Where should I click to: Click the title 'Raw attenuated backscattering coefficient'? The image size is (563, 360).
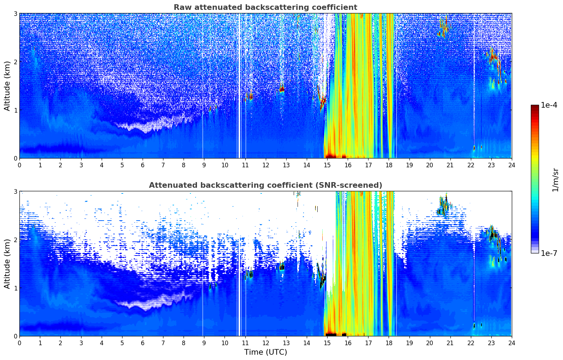click(265, 7)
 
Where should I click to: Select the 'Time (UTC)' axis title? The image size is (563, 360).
click(265, 352)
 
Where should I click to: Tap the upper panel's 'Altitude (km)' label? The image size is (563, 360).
click(7, 86)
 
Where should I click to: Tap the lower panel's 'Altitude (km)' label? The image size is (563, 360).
click(7, 264)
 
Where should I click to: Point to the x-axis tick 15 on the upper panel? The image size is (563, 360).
click(327, 165)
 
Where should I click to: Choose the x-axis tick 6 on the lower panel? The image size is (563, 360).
click(143, 343)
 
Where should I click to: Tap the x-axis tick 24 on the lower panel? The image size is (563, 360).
click(511, 343)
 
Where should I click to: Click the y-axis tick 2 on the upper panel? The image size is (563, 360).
click(16, 62)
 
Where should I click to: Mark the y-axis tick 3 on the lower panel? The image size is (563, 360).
click(16, 191)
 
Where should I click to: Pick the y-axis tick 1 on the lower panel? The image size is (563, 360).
click(16, 288)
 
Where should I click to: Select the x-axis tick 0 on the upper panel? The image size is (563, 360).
click(19, 165)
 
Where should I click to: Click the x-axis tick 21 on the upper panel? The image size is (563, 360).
click(450, 165)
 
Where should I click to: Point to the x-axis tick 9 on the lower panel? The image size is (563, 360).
click(204, 343)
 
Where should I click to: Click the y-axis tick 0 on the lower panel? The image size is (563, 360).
click(16, 336)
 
